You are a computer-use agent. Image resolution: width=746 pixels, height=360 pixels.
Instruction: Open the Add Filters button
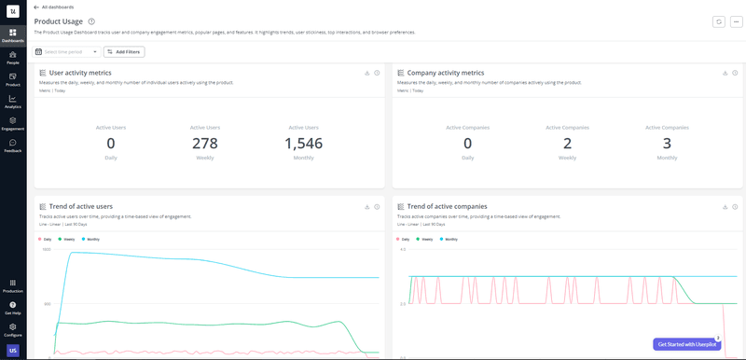(x=124, y=52)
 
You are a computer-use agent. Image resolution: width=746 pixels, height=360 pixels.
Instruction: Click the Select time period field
(x=67, y=52)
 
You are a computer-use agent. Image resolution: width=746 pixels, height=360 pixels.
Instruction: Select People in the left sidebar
(x=13, y=58)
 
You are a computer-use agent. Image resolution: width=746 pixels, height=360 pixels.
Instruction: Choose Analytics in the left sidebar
(x=13, y=102)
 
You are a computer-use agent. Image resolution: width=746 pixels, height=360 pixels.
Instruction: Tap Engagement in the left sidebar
(x=13, y=123)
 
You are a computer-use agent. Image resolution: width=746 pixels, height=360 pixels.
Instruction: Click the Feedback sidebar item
(x=13, y=145)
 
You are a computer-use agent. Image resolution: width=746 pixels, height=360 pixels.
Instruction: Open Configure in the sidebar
(x=13, y=329)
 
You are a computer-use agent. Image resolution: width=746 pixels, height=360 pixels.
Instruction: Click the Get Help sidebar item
(x=13, y=308)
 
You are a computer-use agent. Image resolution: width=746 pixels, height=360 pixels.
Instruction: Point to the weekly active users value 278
(x=204, y=143)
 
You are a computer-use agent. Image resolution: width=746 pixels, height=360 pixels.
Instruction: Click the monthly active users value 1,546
(x=303, y=143)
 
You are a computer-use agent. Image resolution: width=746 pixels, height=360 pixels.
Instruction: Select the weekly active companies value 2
(x=567, y=143)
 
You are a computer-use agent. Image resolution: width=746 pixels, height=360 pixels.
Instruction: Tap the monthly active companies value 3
(x=667, y=143)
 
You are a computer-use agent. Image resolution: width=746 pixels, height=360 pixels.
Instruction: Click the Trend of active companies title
(x=447, y=206)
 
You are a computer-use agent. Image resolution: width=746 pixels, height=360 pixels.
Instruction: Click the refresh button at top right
(x=718, y=21)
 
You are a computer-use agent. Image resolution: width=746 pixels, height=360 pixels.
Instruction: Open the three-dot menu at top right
(x=735, y=21)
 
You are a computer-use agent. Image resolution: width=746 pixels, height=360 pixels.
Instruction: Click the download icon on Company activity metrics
(x=724, y=73)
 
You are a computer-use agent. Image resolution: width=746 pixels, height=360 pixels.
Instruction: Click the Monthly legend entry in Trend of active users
(x=91, y=239)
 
